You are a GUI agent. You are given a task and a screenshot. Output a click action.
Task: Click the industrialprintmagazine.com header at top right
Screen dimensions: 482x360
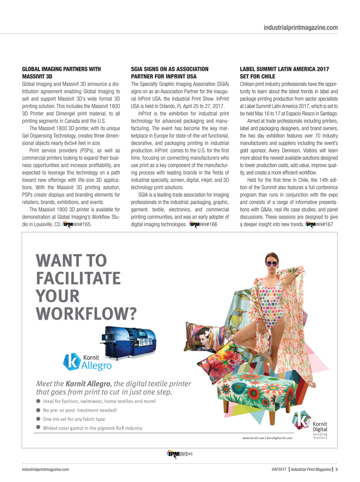point(300,27)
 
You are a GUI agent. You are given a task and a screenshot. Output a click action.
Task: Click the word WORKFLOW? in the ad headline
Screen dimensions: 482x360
point(88,314)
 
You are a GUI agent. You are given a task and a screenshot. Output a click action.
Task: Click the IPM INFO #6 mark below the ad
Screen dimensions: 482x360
point(180,453)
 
